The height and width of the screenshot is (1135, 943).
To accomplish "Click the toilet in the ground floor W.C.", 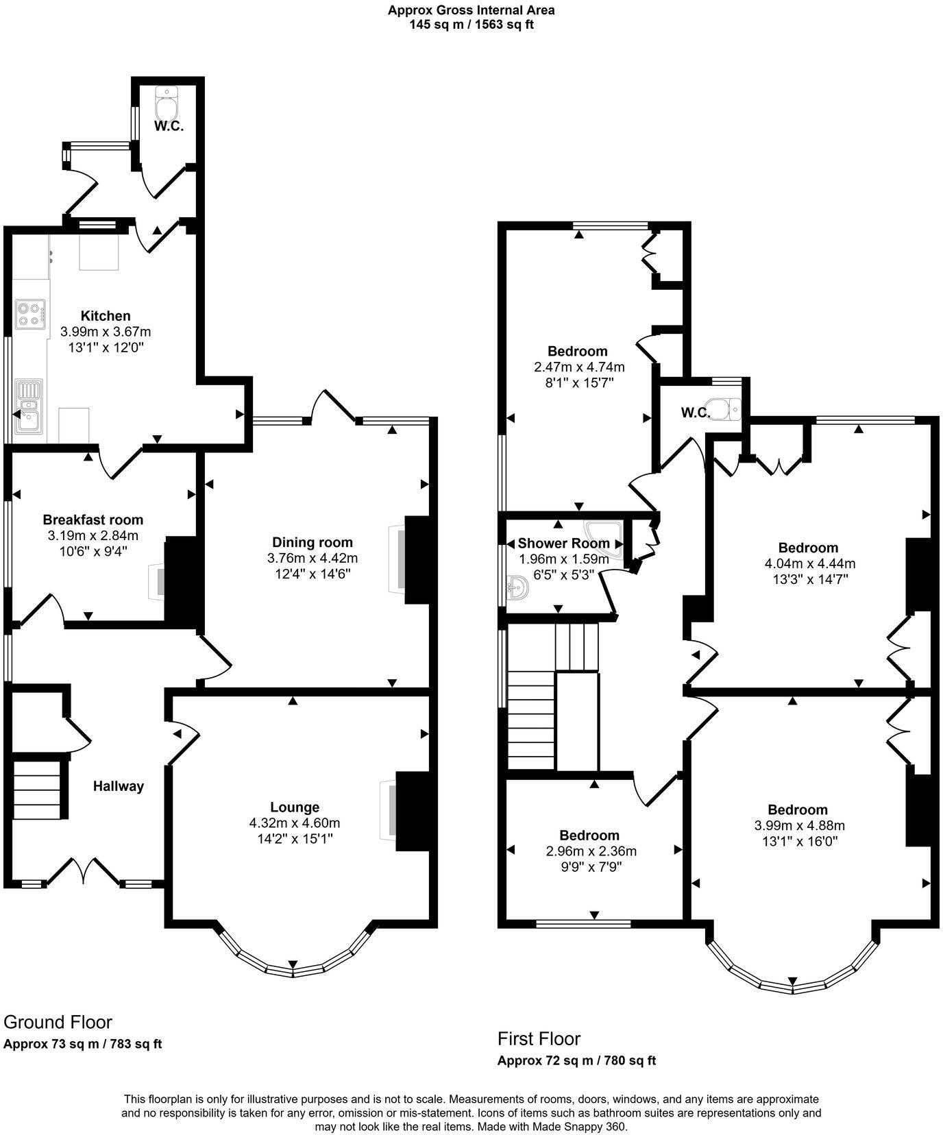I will pyautogui.click(x=166, y=103).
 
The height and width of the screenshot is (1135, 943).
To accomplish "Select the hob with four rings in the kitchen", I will pyautogui.click(x=30, y=314).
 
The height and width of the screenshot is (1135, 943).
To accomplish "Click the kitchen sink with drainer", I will pyautogui.click(x=29, y=406).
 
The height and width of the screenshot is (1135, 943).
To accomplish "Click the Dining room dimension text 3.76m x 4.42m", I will pyautogui.click(x=313, y=559).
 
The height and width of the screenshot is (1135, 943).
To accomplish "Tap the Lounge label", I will pyautogui.click(x=295, y=807).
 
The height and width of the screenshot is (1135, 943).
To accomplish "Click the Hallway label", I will pyautogui.click(x=119, y=786).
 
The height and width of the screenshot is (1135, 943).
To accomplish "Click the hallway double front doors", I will pyautogui.click(x=84, y=870).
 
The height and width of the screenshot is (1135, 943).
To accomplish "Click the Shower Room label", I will pyautogui.click(x=563, y=544).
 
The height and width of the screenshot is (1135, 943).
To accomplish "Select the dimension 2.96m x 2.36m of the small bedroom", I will pyautogui.click(x=591, y=851).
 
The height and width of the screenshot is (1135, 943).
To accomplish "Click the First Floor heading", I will pyautogui.click(x=539, y=1038).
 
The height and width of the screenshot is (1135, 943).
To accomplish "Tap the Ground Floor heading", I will pyautogui.click(x=58, y=1022).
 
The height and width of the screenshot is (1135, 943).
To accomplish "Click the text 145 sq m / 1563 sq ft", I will pyautogui.click(x=471, y=25).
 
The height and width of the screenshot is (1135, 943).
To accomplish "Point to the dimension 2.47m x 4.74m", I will pyautogui.click(x=579, y=367).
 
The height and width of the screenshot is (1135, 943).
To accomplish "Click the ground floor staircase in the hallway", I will pyautogui.click(x=39, y=786).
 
